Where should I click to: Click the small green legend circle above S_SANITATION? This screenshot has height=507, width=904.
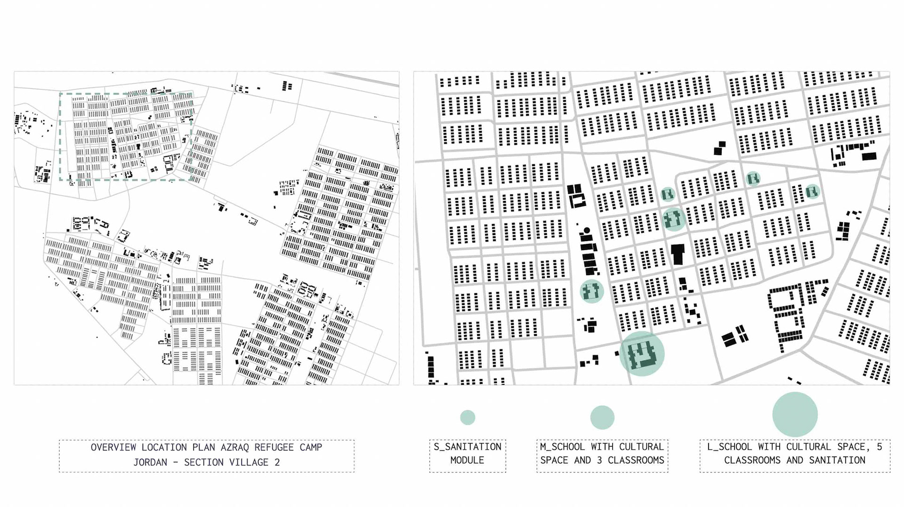(468, 417)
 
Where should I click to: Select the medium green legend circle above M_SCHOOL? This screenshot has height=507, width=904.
(602, 417)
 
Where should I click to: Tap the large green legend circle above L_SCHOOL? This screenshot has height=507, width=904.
(795, 414)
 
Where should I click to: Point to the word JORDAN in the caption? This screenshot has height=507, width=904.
(150, 462)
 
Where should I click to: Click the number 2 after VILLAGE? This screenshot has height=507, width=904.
(277, 462)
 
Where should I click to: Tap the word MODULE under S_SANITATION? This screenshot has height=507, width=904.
(467, 460)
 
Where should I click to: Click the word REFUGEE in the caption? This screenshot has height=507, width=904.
(274, 447)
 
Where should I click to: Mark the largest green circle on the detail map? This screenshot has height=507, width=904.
(641, 354)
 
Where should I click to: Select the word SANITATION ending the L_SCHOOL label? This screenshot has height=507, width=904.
(837, 460)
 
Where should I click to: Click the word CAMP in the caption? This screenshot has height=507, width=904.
(311, 447)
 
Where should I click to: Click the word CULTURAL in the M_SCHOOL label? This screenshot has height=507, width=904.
(641, 447)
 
